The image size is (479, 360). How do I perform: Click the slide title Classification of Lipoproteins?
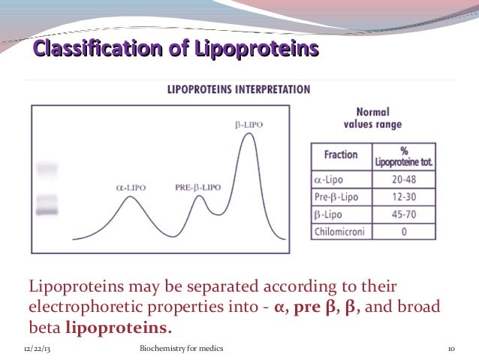click(x=177, y=50)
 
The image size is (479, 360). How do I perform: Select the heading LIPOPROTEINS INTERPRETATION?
click(x=238, y=89)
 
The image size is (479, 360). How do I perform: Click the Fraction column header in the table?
click(x=341, y=155)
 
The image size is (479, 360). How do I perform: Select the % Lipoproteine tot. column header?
click(x=404, y=156)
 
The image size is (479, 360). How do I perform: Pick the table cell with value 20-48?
click(x=404, y=180)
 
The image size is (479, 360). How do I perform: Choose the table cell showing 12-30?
click(x=404, y=197)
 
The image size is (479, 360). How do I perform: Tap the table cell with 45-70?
click(x=404, y=214)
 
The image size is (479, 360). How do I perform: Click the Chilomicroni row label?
click(x=339, y=231)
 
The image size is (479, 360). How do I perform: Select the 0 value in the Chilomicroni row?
click(x=404, y=231)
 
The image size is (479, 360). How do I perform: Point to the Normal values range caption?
click(x=372, y=117)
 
